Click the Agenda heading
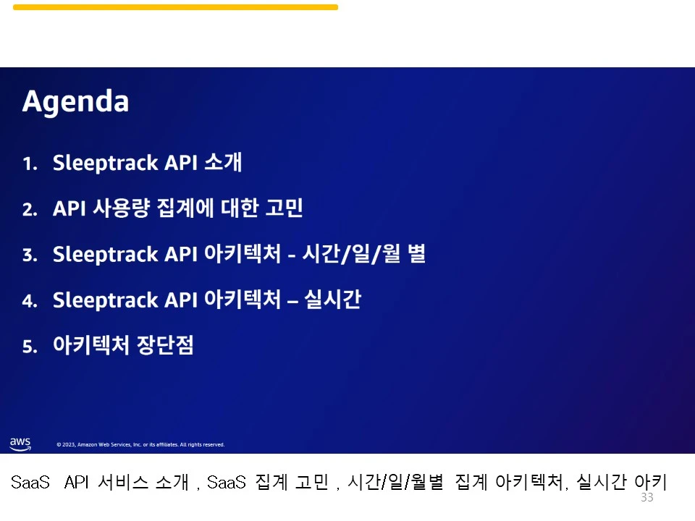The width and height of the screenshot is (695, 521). [75, 102]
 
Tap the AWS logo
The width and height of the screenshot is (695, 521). [20, 443]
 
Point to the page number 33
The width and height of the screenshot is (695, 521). [646, 498]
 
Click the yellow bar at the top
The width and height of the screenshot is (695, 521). [175, 7]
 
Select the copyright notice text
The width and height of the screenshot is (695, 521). [140, 445]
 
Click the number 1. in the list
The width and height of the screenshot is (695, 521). [30, 164]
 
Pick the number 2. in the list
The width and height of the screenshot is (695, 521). [30, 211]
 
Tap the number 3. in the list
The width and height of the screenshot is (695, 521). [30, 256]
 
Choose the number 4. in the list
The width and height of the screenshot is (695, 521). [30, 302]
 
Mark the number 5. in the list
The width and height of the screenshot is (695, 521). [30, 347]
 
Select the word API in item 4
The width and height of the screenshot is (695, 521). [182, 300]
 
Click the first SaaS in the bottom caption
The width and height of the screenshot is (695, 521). [30, 483]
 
